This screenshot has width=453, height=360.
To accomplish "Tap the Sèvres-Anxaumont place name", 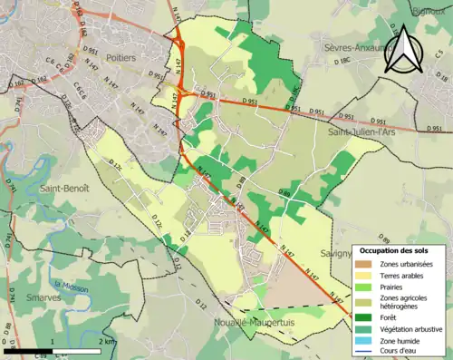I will (x=349, y=45).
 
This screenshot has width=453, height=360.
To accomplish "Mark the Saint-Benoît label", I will (x=63, y=188).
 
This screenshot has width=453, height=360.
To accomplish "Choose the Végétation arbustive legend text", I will (x=415, y=328).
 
